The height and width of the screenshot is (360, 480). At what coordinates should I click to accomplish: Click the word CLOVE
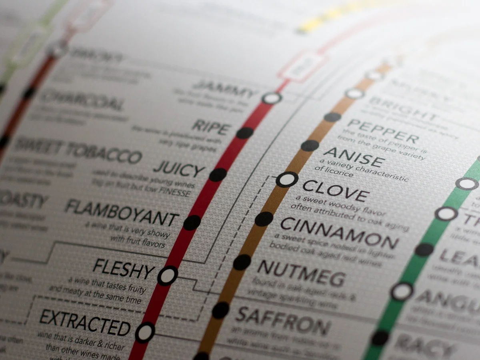[x=335, y=191]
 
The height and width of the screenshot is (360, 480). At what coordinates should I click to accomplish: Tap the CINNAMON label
[x=339, y=233]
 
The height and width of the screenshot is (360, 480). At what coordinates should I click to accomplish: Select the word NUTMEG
[x=301, y=273]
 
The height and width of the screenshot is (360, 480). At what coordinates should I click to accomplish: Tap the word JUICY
[x=179, y=170]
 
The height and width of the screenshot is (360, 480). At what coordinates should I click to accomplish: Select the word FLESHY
[x=123, y=269]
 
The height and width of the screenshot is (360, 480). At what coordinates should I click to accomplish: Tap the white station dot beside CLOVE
[x=287, y=180]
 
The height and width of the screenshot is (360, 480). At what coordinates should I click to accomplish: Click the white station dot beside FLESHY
[x=168, y=275]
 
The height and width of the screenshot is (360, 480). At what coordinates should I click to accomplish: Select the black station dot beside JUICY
[x=218, y=175]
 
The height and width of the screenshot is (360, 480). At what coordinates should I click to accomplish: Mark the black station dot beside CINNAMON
[x=264, y=219]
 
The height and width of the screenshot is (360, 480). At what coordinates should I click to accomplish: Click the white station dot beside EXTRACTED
[x=145, y=332]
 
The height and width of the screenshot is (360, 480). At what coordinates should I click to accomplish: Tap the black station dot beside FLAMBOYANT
[x=192, y=222]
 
